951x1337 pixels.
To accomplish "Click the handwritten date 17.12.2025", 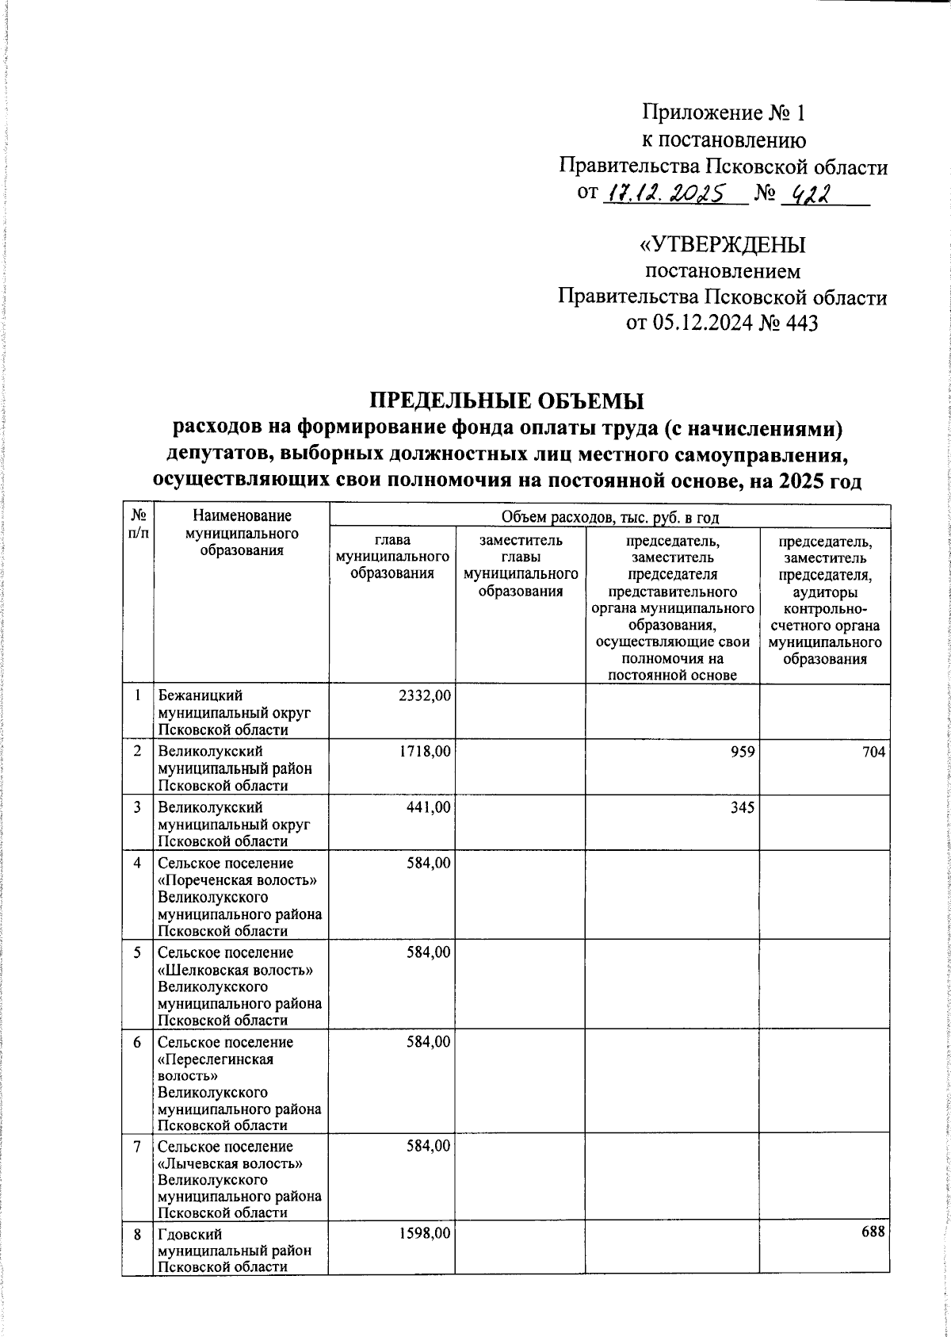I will coord(667,193).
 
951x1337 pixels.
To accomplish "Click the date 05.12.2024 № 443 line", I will coord(722,323).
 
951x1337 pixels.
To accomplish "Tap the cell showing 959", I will coord(743,750).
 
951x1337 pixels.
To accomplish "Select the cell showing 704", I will coord(874,750).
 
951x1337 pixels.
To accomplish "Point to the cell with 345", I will coord(743,806).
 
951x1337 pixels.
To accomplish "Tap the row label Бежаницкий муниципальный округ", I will coord(234,712).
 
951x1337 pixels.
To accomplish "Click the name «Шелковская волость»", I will coord(231,969).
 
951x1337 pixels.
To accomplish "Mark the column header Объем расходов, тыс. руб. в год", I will coord(609,518).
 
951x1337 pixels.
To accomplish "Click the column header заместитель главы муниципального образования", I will coord(520,565).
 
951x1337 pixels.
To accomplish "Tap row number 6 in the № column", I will coord(137,1041).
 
